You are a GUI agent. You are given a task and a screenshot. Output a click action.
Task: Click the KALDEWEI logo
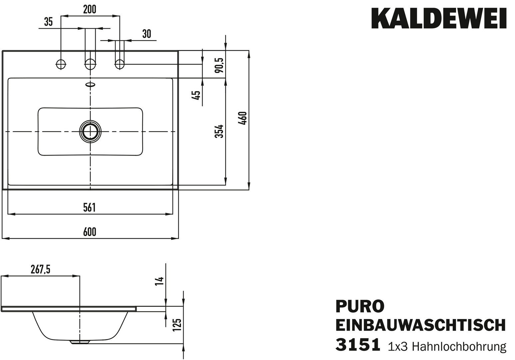point(439,18)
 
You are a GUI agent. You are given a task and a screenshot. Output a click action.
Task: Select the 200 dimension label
point(90,9)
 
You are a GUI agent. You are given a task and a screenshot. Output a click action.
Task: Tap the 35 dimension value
point(49,22)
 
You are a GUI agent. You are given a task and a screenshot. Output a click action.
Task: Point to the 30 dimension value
point(147,34)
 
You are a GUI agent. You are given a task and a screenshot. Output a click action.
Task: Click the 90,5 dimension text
point(219,65)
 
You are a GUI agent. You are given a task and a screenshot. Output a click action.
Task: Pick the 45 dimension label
point(196,95)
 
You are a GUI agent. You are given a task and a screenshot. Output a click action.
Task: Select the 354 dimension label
point(219,131)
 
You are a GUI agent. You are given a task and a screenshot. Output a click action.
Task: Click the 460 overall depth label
point(243,118)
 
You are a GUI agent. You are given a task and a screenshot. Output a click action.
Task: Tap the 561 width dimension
point(89,207)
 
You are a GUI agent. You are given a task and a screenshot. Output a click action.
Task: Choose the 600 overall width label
point(90,232)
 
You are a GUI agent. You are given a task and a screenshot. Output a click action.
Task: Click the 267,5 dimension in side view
point(40,270)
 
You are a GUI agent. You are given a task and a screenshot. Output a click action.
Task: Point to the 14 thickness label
point(159,281)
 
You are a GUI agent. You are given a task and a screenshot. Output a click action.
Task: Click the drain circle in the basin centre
point(90,131)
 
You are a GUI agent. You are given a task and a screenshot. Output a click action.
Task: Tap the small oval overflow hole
point(90,84)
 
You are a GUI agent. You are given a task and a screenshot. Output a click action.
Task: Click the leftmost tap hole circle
point(61,64)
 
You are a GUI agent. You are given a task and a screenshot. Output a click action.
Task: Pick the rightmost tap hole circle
point(120,64)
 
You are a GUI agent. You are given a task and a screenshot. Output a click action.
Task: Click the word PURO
point(360,306)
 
